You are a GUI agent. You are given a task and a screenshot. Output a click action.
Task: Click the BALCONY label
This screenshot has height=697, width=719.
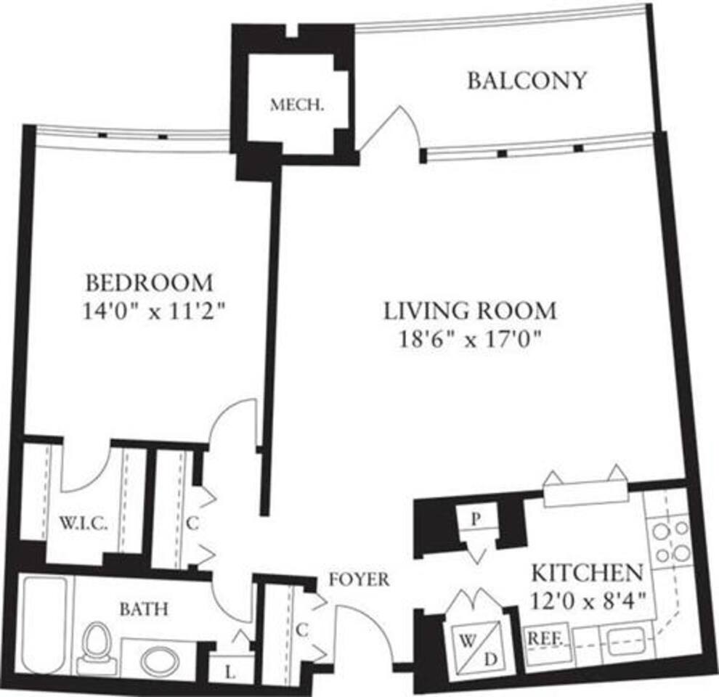coord(526,80)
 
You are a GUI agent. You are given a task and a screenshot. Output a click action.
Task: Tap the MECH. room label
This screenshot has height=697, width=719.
coord(296,105)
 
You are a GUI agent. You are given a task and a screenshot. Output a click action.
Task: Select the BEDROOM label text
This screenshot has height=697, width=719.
coord(150,281)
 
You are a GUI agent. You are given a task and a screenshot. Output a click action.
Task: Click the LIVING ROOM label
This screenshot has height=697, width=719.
coord(470,311)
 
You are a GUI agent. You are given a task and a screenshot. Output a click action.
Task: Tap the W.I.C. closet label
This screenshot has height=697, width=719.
coord(83,523)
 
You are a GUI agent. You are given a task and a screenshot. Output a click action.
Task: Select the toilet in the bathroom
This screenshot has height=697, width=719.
coord(95,648)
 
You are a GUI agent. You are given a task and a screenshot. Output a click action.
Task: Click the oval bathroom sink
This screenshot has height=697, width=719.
coord(161,661)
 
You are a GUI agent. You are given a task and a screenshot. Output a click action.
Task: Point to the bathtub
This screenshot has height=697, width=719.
coord(43,624)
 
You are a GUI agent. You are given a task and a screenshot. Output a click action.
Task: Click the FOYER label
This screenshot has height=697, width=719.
coord(359,579)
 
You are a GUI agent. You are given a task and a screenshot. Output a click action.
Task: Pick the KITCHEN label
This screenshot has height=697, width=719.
coord(588,573)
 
